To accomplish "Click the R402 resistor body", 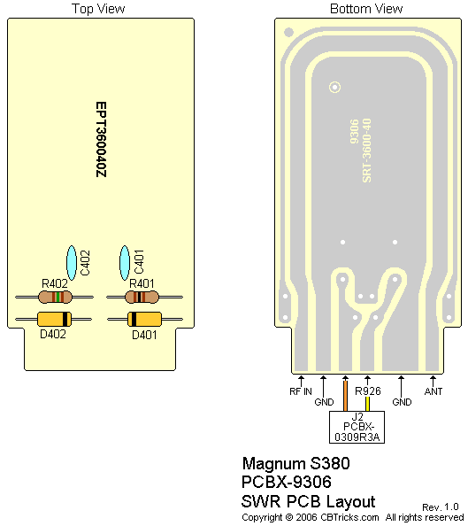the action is [55, 297].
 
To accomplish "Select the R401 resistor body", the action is [142, 297].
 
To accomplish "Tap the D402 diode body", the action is [54, 319].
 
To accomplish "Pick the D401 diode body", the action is [144, 319].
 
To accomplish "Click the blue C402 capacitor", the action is [72, 263].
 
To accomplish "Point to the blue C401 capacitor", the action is [125, 263].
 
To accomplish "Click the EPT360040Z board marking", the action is [101, 140].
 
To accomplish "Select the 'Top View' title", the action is [98, 8].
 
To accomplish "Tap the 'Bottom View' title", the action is [366, 8].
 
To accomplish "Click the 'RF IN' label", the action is [301, 391].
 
